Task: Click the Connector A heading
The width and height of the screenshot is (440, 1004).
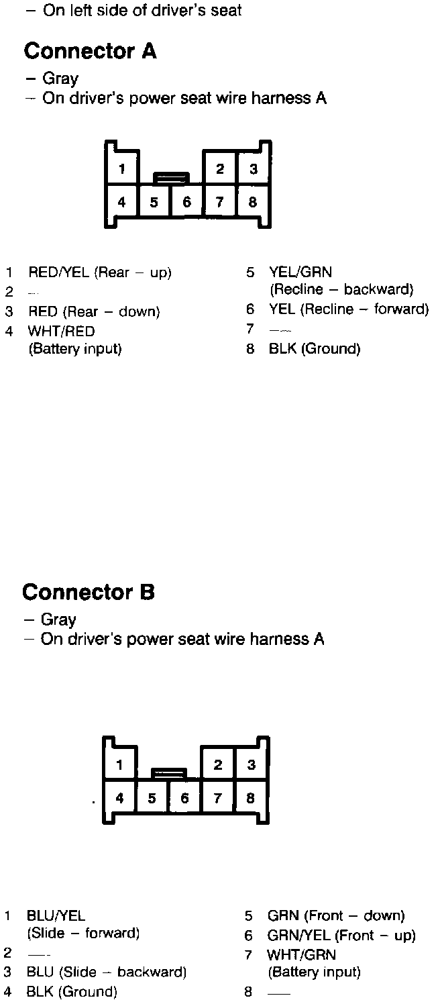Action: tap(90, 51)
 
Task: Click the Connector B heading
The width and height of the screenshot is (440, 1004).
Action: tap(89, 593)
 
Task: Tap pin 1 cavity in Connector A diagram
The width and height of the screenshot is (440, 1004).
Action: tap(121, 169)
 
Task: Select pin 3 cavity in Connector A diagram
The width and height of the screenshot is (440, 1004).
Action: tap(253, 169)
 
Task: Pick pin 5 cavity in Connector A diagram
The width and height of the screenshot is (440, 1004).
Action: tap(154, 202)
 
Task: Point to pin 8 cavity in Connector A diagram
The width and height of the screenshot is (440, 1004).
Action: tap(253, 202)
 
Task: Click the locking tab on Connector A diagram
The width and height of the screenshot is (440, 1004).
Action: tap(171, 178)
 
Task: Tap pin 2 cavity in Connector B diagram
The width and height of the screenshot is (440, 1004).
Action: tap(218, 765)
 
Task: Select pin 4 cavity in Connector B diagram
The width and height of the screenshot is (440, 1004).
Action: tap(119, 799)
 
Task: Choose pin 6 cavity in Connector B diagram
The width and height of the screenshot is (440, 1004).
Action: tap(185, 799)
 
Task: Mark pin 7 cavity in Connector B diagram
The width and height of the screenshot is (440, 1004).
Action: tap(217, 799)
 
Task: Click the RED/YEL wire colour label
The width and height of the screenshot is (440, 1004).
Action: tap(59, 272)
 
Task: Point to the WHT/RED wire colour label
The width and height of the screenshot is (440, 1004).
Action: tap(61, 331)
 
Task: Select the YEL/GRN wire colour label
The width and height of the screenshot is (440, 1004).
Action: tap(300, 272)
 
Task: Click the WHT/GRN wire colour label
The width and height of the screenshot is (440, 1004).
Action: tap(301, 954)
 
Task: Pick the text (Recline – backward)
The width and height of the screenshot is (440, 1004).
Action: tap(341, 290)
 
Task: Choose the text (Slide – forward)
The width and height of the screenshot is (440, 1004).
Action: tap(83, 933)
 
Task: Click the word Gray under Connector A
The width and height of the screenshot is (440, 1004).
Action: tap(60, 79)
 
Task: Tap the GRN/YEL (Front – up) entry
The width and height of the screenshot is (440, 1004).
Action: tap(341, 935)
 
